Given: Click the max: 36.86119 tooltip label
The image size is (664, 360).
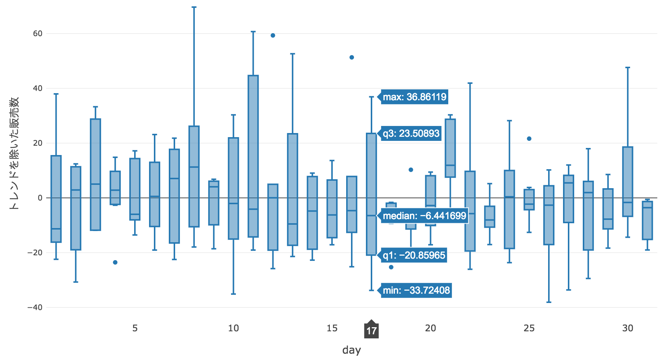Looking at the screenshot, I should pos(414,97).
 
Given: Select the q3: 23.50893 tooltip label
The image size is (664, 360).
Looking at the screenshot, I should pos(411,133).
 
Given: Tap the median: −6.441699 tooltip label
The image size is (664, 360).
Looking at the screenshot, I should pos(424,216).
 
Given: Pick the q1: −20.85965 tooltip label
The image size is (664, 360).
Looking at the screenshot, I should pos(414,255).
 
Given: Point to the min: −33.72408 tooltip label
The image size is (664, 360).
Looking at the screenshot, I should pos(416,290).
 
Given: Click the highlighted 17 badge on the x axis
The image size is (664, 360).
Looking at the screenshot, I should pos(371,331).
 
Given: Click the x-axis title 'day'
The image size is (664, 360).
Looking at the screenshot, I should pos(351,350).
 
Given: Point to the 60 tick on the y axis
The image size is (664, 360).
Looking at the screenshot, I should pos(38,34).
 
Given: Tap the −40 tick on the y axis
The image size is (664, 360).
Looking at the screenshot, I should pos(35,307).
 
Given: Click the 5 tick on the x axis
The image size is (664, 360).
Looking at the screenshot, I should pos(135,328).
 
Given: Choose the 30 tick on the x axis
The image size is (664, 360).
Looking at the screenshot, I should pos(628,328).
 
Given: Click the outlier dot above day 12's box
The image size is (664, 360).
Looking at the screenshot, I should pos(273,35).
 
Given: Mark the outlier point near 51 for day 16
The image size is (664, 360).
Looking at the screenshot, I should pos(352,57).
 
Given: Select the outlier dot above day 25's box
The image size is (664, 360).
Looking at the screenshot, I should pos(529,139).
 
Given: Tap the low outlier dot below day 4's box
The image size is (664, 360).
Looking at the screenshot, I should pos(115,262).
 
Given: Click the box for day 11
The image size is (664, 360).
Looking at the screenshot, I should pos(253,156).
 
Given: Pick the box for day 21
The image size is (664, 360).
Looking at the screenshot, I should pos(450,148).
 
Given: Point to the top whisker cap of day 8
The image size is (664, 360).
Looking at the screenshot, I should pos(194,7).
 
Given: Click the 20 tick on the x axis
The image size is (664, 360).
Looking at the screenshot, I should pos(430,328).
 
